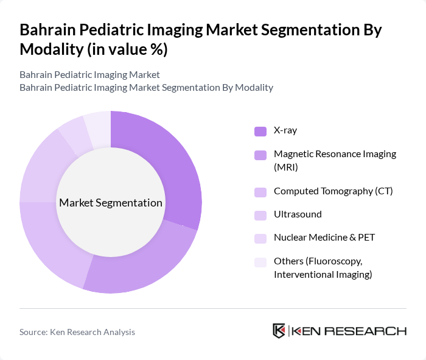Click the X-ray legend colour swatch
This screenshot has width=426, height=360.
[x=260, y=130]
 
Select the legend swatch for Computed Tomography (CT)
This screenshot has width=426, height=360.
[x=260, y=192]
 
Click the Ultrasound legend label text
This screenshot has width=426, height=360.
[x=298, y=214]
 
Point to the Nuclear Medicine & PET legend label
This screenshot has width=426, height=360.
[x=324, y=238]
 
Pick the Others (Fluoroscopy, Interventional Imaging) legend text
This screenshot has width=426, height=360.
[x=323, y=268]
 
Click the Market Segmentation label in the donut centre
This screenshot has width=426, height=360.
[x=111, y=203]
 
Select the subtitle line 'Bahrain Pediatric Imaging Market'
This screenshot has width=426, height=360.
[x=89, y=75]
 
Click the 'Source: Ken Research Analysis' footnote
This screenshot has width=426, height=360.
[x=77, y=332]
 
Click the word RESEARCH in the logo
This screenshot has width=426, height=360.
[x=371, y=331]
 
